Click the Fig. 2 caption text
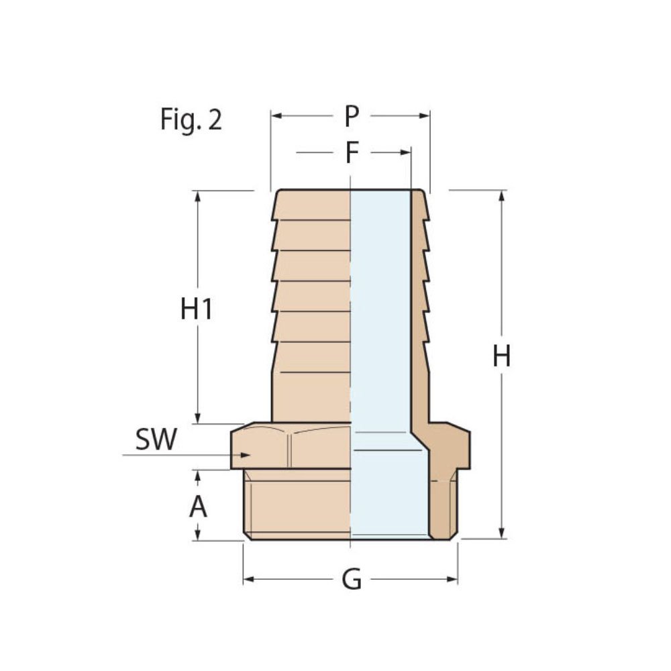191,119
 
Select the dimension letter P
352,117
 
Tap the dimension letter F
352,153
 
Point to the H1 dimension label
197,309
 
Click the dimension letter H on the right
502,356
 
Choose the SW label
156,440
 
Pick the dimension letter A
198,507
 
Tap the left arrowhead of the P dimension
276,116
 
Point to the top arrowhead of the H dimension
502,195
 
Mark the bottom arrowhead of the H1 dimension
197,419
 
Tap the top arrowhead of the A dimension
198,474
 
